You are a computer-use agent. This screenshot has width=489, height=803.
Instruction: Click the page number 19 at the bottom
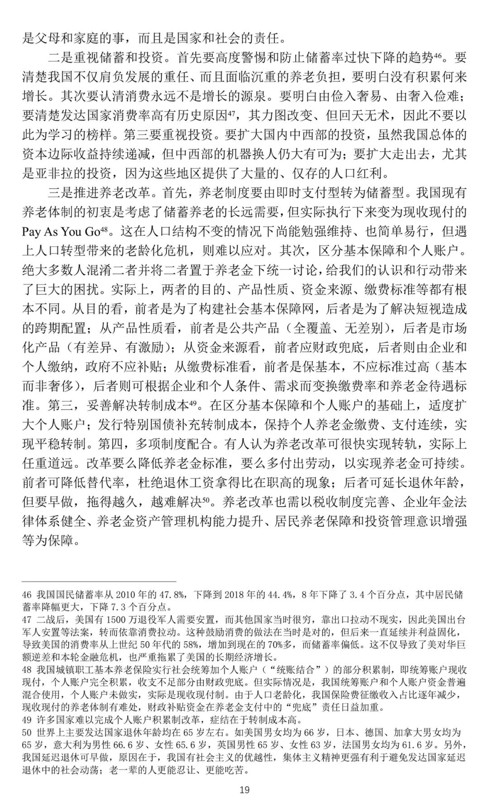click(x=244, y=790)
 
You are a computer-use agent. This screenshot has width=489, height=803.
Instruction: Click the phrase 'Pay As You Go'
click(x=61, y=232)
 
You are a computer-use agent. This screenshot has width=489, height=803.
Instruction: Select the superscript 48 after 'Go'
click(x=104, y=229)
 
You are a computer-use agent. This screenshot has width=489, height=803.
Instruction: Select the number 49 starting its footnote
click(x=27, y=720)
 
